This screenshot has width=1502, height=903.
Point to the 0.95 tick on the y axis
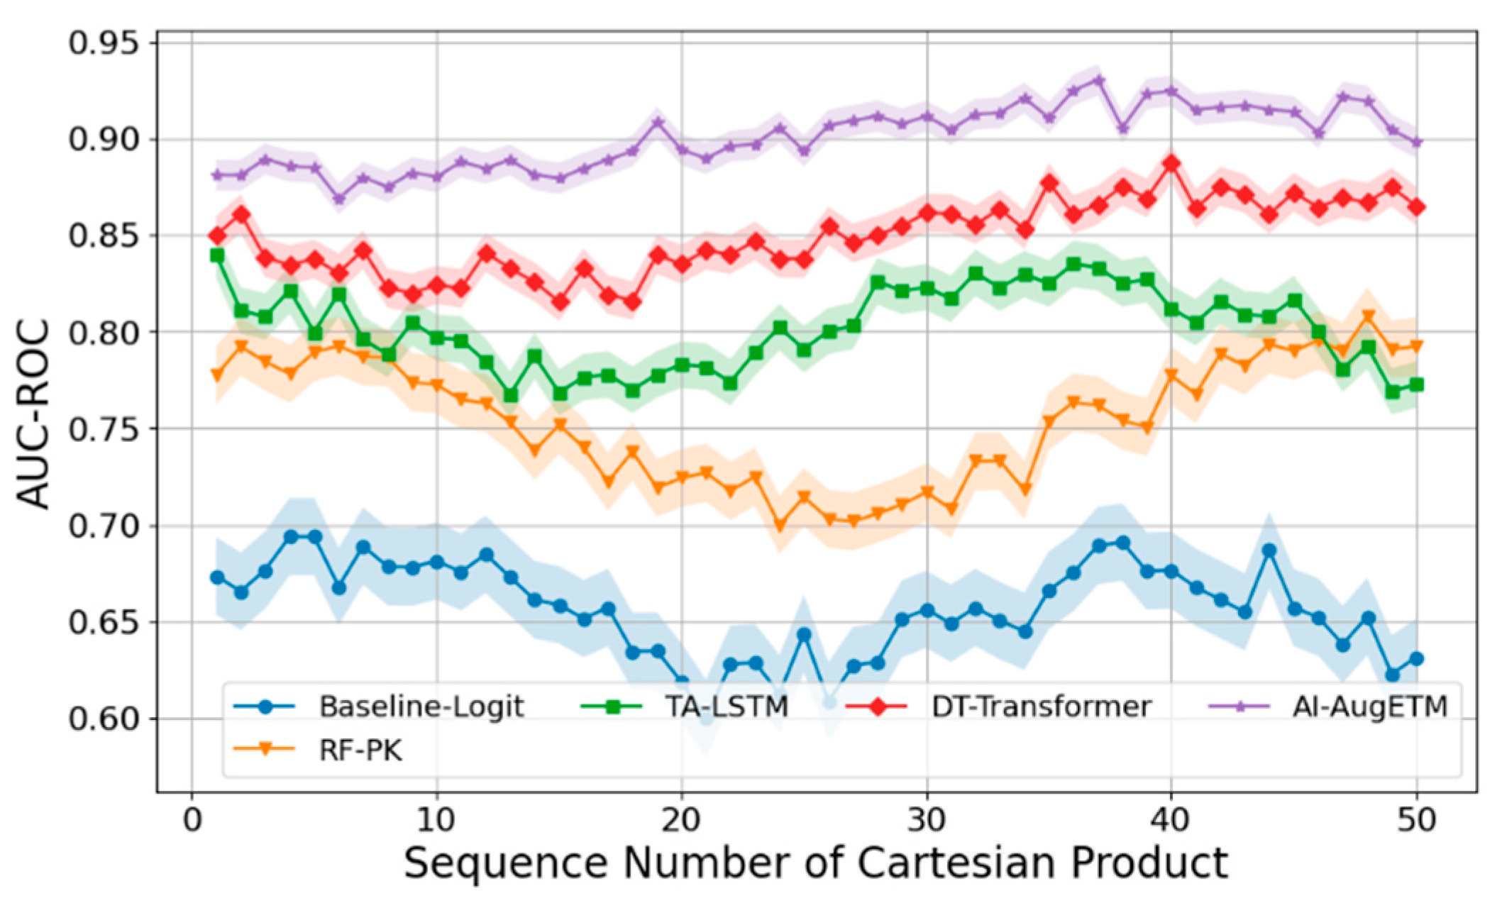tap(103, 43)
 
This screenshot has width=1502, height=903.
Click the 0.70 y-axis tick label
tap(103, 526)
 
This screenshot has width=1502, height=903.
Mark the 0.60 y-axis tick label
tap(103, 719)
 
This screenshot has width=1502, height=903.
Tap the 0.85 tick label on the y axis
tap(103, 236)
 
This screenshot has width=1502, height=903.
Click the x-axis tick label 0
tap(192, 821)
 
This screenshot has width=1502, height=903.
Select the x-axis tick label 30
tap(926, 821)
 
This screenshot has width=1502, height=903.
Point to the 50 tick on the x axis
tap(1416, 821)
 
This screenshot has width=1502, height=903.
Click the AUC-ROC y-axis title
tap(34, 414)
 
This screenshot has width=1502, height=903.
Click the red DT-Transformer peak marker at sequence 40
tap(1171, 164)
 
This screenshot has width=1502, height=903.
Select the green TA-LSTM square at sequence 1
tap(217, 255)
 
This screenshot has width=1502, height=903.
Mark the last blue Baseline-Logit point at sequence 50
tap(1416, 659)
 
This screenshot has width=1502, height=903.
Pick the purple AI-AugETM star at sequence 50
tap(1416, 143)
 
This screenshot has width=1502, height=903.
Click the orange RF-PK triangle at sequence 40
tap(1171, 375)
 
